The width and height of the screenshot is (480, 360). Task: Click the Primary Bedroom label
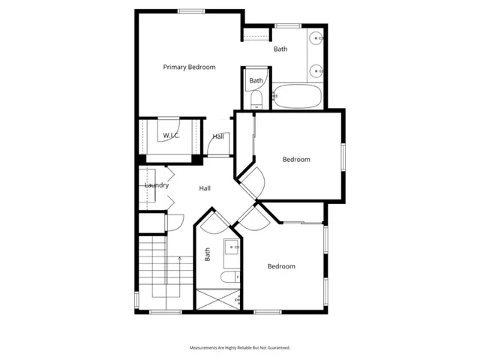189,67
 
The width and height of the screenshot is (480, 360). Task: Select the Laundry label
156,185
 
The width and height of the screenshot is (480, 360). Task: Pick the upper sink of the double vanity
316,37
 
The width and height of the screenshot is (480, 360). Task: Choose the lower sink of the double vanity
316,71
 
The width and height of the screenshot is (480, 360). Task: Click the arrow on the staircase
179,257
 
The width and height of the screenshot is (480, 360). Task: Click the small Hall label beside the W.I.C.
218,136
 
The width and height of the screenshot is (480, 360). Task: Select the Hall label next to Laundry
204,188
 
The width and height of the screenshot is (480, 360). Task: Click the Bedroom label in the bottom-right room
281,266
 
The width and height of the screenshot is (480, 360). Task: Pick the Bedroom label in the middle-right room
296,159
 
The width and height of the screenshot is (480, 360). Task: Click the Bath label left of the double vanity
280,49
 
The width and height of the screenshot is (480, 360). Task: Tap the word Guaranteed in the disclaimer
274,348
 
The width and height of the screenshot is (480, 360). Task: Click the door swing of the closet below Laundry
175,222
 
